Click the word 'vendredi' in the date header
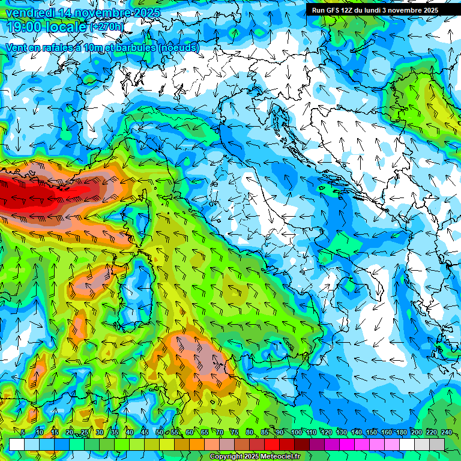tap(30, 13)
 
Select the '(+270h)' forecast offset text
tap(107, 27)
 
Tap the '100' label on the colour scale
tap(297, 433)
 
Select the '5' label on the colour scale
tap(23, 433)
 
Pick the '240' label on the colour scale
tap(447, 433)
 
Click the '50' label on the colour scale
tap(160, 433)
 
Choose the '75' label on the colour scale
tap(235, 433)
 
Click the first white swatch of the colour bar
tap(17, 444)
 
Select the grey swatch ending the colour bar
tap(437, 444)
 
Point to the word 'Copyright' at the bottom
tap(226, 457)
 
